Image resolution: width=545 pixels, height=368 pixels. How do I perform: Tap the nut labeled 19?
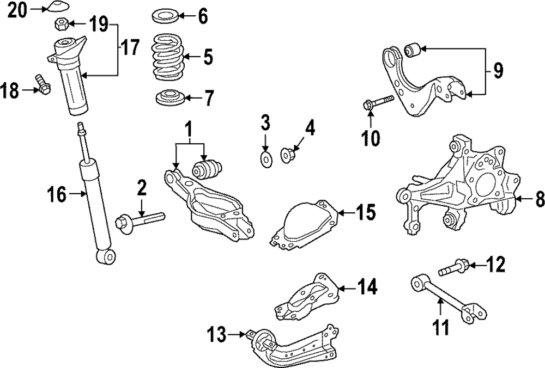(61, 24)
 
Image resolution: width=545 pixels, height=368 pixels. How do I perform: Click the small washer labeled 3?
(267, 159)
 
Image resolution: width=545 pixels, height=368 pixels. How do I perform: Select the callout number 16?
(57, 193)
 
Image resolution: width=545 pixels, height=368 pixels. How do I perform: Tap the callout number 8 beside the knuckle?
(538, 200)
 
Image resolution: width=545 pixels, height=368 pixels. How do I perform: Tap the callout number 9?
(498, 70)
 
